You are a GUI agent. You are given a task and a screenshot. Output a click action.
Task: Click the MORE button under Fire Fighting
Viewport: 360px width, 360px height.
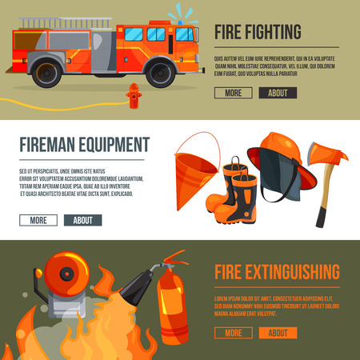tap(233, 93)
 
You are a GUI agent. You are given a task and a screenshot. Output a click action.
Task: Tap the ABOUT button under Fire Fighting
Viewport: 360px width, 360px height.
tap(278, 93)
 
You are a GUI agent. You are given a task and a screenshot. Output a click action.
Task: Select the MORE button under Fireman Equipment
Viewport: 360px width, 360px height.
tap(38, 220)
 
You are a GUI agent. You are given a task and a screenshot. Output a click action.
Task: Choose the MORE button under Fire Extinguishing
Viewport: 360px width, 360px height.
tap(233, 332)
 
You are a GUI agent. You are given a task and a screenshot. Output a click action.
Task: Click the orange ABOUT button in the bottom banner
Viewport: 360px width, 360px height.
tap(278, 332)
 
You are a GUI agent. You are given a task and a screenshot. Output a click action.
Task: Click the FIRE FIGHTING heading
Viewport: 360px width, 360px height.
tap(258, 32)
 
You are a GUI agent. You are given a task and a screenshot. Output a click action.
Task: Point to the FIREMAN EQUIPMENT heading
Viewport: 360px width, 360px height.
tap(84, 145)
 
